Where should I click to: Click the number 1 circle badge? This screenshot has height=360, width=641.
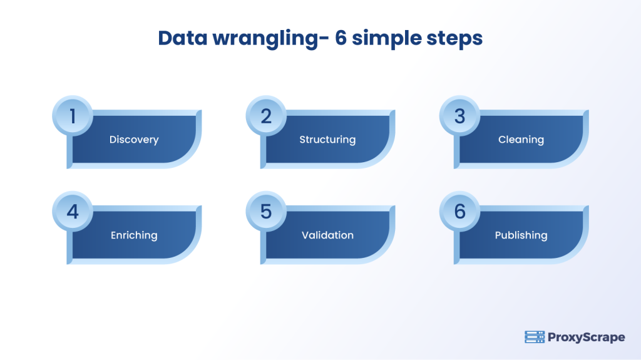point(73,116)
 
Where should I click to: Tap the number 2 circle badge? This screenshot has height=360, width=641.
point(266,116)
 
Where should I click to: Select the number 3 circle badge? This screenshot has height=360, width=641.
point(459,116)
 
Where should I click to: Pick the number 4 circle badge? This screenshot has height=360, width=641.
point(73,212)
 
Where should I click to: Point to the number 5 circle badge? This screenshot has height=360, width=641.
point(266,212)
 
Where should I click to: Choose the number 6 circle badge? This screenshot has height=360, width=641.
point(459,212)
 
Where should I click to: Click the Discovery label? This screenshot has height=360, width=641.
point(134,140)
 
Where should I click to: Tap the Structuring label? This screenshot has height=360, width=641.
point(327,140)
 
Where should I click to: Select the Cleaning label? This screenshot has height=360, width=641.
point(521,140)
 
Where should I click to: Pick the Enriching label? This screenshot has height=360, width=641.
point(134,235)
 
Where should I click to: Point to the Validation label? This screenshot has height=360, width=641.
point(327,235)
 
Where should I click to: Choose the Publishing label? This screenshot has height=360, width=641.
point(521,235)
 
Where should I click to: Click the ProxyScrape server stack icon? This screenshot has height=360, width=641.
point(534,337)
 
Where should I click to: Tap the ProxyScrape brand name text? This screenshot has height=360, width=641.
point(586,337)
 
